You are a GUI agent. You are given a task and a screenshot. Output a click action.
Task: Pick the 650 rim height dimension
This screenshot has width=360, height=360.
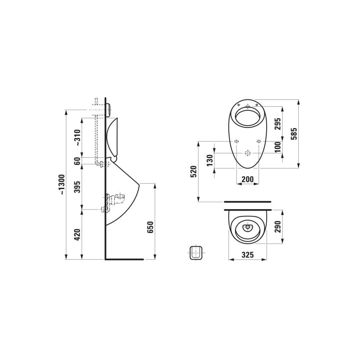[x=150, y=227]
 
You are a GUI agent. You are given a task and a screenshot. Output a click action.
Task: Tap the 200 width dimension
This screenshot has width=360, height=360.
[x=247, y=179]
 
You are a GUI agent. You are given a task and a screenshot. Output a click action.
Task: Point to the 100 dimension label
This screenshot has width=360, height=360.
[x=277, y=147]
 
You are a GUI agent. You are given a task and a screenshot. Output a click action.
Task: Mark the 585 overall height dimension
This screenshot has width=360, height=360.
[x=294, y=134]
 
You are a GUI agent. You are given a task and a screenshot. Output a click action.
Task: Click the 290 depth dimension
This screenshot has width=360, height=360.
[x=277, y=226]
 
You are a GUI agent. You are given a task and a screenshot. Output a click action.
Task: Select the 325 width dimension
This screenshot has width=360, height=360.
[x=247, y=255]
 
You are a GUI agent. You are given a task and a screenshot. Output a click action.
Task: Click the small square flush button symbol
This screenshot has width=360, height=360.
[x=196, y=252]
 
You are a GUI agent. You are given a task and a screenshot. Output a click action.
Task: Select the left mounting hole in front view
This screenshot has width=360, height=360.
[x=237, y=142]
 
